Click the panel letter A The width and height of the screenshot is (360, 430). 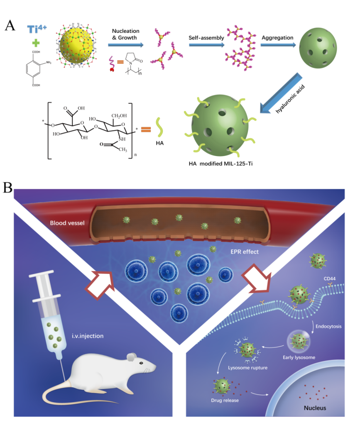click(10, 25)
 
